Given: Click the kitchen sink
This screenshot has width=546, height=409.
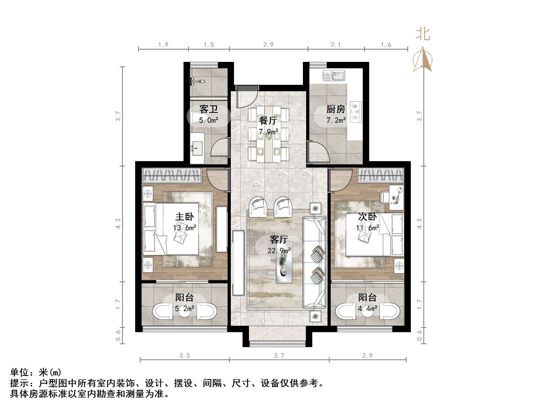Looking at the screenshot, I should (334, 76).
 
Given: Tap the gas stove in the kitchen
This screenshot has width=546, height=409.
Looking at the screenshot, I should (356, 112).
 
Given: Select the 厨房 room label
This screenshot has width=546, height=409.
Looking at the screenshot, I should (336, 109).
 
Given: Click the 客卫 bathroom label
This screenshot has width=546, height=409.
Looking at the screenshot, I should (208, 109).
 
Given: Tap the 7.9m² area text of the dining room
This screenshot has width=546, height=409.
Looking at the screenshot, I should (268, 132).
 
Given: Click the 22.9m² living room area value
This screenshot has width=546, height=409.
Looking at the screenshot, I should (279, 251).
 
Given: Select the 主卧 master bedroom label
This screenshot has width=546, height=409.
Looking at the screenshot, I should (184, 216).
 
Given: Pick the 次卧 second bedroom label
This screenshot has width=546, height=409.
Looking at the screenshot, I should (367, 217).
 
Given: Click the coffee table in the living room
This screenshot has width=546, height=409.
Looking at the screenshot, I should (284, 262).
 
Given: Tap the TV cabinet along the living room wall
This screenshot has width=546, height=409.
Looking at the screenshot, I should (238, 263).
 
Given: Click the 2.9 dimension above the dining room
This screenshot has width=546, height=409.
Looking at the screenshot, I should (268, 45).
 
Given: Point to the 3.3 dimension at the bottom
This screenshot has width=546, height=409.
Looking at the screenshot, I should (184, 356).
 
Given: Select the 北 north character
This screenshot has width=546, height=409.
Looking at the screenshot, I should (423, 34).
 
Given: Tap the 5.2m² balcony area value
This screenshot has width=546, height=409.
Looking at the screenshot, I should (184, 309).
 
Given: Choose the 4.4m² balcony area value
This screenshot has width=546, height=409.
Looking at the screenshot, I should (367, 309).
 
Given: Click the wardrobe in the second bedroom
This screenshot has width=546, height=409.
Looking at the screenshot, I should (381, 175).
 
